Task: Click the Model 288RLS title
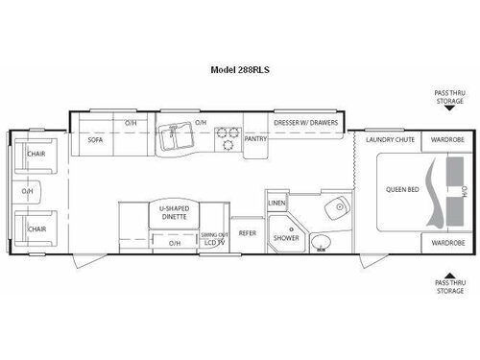point(239,70)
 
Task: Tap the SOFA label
point(95,139)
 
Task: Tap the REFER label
point(247,233)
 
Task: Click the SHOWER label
point(285,237)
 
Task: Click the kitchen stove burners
point(228,137)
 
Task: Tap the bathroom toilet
point(320,241)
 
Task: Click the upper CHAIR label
point(36,153)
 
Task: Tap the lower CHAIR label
point(36,229)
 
